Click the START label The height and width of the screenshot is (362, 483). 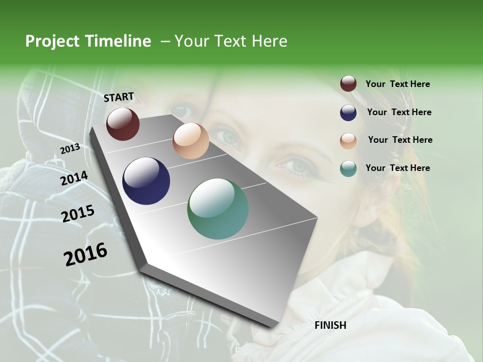point(119,97)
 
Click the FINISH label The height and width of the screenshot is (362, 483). point(330,325)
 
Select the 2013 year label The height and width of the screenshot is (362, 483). point(70,149)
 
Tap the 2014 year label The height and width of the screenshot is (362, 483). point(74,178)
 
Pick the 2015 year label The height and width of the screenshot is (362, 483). point(78,214)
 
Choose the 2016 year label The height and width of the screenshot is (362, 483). point(86,254)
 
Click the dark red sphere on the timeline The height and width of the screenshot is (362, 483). point(123,124)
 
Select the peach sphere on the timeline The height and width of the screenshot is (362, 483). point(191,141)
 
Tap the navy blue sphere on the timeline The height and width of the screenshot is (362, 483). point(146,181)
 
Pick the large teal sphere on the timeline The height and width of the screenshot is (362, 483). point(218,209)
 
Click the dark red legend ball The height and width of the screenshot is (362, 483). point(348,84)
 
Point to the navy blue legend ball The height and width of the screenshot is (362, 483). point(348,112)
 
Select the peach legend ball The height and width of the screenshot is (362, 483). point(348,140)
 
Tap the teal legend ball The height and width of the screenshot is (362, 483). point(348,168)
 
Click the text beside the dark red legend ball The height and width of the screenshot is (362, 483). point(397,84)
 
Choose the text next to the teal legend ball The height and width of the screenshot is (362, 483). point(397,168)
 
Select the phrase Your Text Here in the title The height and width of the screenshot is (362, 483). point(231,41)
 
